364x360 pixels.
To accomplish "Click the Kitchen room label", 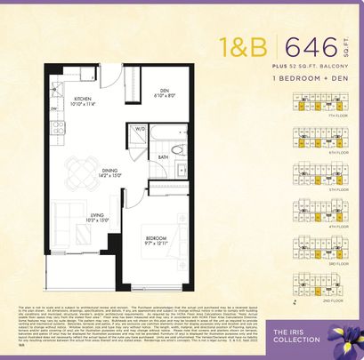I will click(x=85, y=100).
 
